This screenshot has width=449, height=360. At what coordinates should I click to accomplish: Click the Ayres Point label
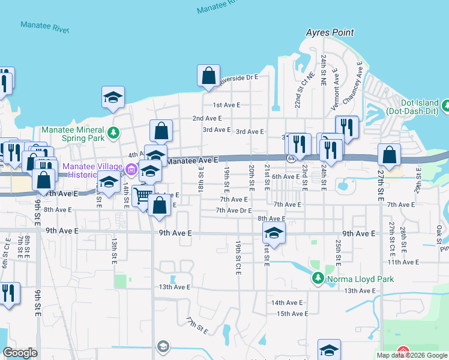click(330, 32)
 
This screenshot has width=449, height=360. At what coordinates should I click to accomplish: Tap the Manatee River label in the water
click(45, 27)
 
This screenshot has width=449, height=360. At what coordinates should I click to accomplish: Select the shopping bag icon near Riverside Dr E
click(208, 76)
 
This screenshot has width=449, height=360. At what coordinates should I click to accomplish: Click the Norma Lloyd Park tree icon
click(318, 278)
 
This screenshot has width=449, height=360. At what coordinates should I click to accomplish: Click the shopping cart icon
click(143, 196)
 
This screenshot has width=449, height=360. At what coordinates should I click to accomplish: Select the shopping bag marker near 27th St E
click(390, 155)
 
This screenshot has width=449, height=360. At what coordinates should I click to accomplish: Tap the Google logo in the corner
click(20, 353)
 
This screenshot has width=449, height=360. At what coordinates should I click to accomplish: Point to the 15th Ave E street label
click(292, 314)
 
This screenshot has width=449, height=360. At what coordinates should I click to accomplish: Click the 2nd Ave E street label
click(207, 119)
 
